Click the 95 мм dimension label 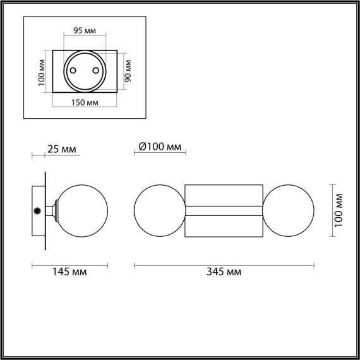tap(85, 29)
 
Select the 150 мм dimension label tap(85, 102)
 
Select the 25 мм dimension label tap(61, 149)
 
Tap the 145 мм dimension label tap(70, 272)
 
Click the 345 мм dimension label tap(224, 272)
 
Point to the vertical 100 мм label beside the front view tap(339, 211)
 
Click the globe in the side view tap(83, 211)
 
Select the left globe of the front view tap(159, 211)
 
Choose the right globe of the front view tap(289, 211)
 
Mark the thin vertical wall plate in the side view tap(45, 211)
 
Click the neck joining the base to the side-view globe tap(56, 211)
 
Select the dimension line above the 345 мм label tap(224, 264)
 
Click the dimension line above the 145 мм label tap(70, 264)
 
